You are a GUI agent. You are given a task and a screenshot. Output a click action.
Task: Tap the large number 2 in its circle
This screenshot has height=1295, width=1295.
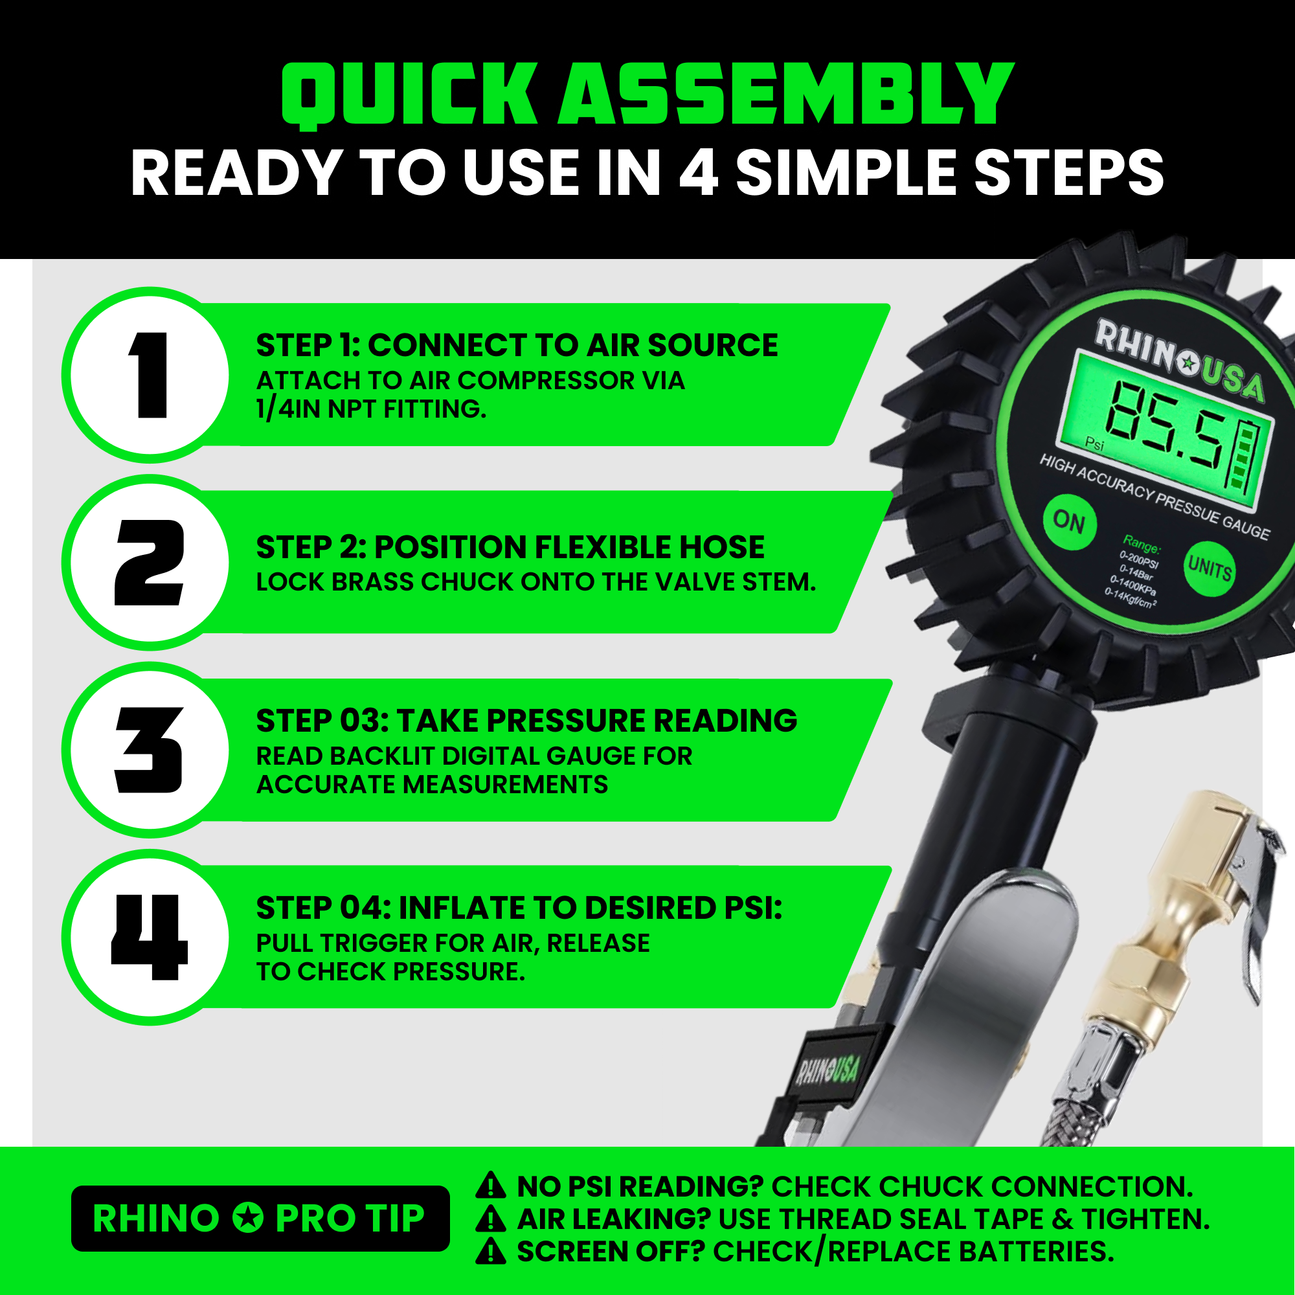150,563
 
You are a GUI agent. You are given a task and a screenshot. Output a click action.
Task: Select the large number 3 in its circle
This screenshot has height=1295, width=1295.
150,750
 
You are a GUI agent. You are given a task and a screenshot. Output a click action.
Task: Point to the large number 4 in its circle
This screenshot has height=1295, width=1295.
150,937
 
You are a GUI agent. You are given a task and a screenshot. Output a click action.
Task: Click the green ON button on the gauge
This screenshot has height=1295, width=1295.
1069,521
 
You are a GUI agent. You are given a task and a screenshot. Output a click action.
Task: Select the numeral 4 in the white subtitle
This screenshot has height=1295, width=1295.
698,173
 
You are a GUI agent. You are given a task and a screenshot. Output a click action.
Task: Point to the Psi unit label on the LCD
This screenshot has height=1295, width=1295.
1094,444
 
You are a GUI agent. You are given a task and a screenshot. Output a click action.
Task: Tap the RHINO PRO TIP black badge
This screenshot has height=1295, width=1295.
260,1218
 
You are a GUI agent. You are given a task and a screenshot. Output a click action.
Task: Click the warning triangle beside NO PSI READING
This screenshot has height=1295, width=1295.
491,1186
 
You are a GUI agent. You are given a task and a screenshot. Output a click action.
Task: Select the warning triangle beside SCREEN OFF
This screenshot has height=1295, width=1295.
491,1251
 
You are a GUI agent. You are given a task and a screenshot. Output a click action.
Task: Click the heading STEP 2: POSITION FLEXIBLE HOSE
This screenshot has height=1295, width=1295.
510,547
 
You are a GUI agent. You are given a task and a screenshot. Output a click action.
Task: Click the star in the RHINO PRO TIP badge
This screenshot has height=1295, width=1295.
247,1218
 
